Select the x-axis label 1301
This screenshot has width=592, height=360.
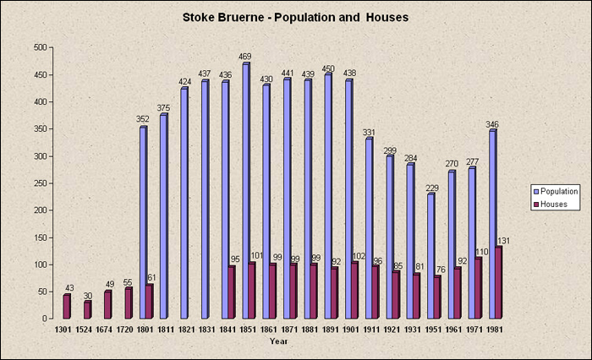click(63, 330)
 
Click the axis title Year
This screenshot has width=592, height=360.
click(278, 341)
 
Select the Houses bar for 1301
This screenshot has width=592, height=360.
click(67, 306)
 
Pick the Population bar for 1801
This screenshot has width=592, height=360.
click(143, 222)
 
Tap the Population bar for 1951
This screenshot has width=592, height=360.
click(430, 256)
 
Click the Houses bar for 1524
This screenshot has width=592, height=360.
click(87, 309)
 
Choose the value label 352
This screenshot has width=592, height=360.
click(143, 120)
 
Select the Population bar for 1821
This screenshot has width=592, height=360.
click(184, 203)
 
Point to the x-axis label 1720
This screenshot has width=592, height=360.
click(125, 330)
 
